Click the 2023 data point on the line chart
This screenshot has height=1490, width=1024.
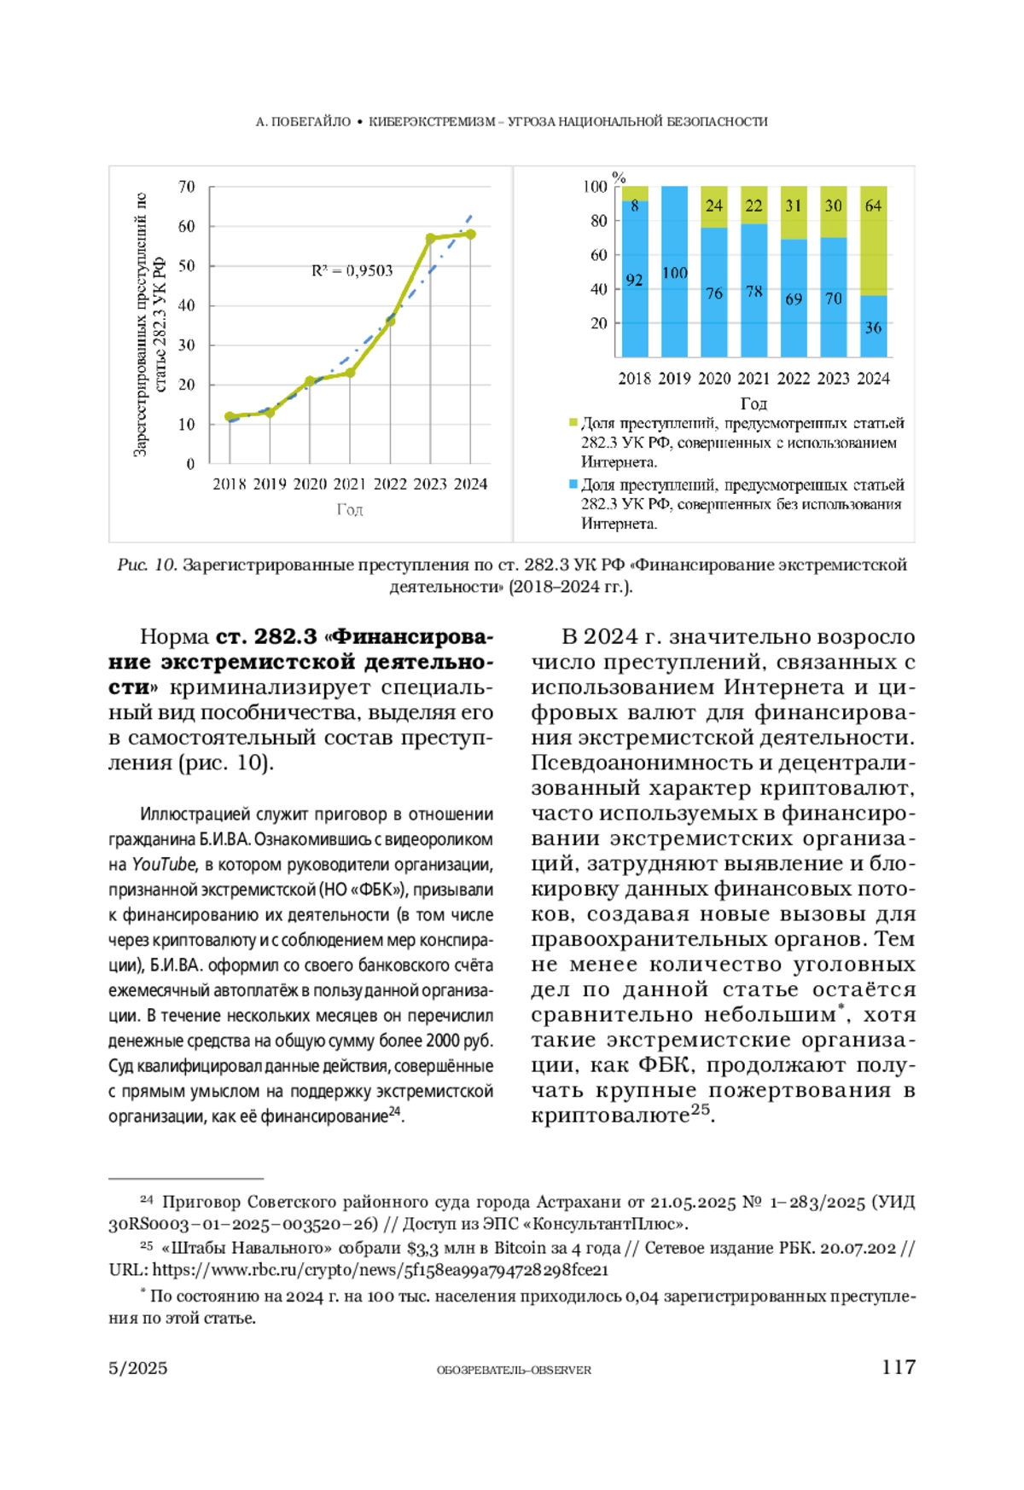point(431,239)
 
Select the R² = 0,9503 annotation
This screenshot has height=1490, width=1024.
point(352,270)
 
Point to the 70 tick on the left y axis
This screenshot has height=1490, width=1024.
point(186,187)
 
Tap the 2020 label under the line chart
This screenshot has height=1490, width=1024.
point(310,484)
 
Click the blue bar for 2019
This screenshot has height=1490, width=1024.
point(674,271)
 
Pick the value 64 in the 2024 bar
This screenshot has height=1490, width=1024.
point(873,206)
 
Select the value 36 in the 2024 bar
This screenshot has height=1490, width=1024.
point(873,328)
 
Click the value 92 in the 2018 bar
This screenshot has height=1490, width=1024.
point(634,280)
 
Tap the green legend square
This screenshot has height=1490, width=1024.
point(573,423)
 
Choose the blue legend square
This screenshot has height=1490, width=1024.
point(573,484)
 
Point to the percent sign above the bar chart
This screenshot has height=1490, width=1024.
point(620,177)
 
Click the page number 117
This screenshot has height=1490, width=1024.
point(899,1368)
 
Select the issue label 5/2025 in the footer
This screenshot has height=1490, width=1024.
point(138,1369)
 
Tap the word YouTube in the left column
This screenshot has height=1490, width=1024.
point(163,865)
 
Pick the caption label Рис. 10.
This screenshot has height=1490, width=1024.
point(147,565)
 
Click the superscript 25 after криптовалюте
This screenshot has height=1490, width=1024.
point(700,1110)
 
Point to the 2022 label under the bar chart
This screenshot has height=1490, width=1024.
point(794,379)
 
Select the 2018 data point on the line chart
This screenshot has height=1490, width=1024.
point(230,417)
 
